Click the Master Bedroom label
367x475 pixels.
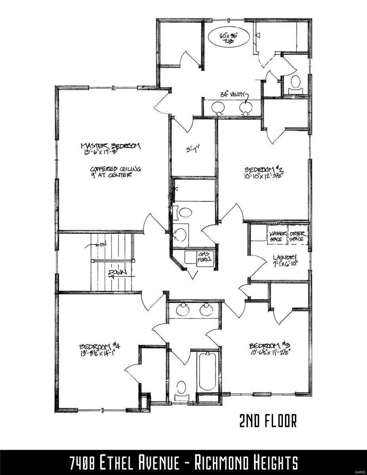pyautogui.click(x=110, y=146)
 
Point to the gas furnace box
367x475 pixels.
pyautogui.click(x=205, y=258)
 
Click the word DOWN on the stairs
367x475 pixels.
pyautogui.click(x=116, y=273)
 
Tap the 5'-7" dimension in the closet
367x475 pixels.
pyautogui.click(x=194, y=150)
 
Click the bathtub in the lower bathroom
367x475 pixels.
pyautogui.click(x=208, y=371)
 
